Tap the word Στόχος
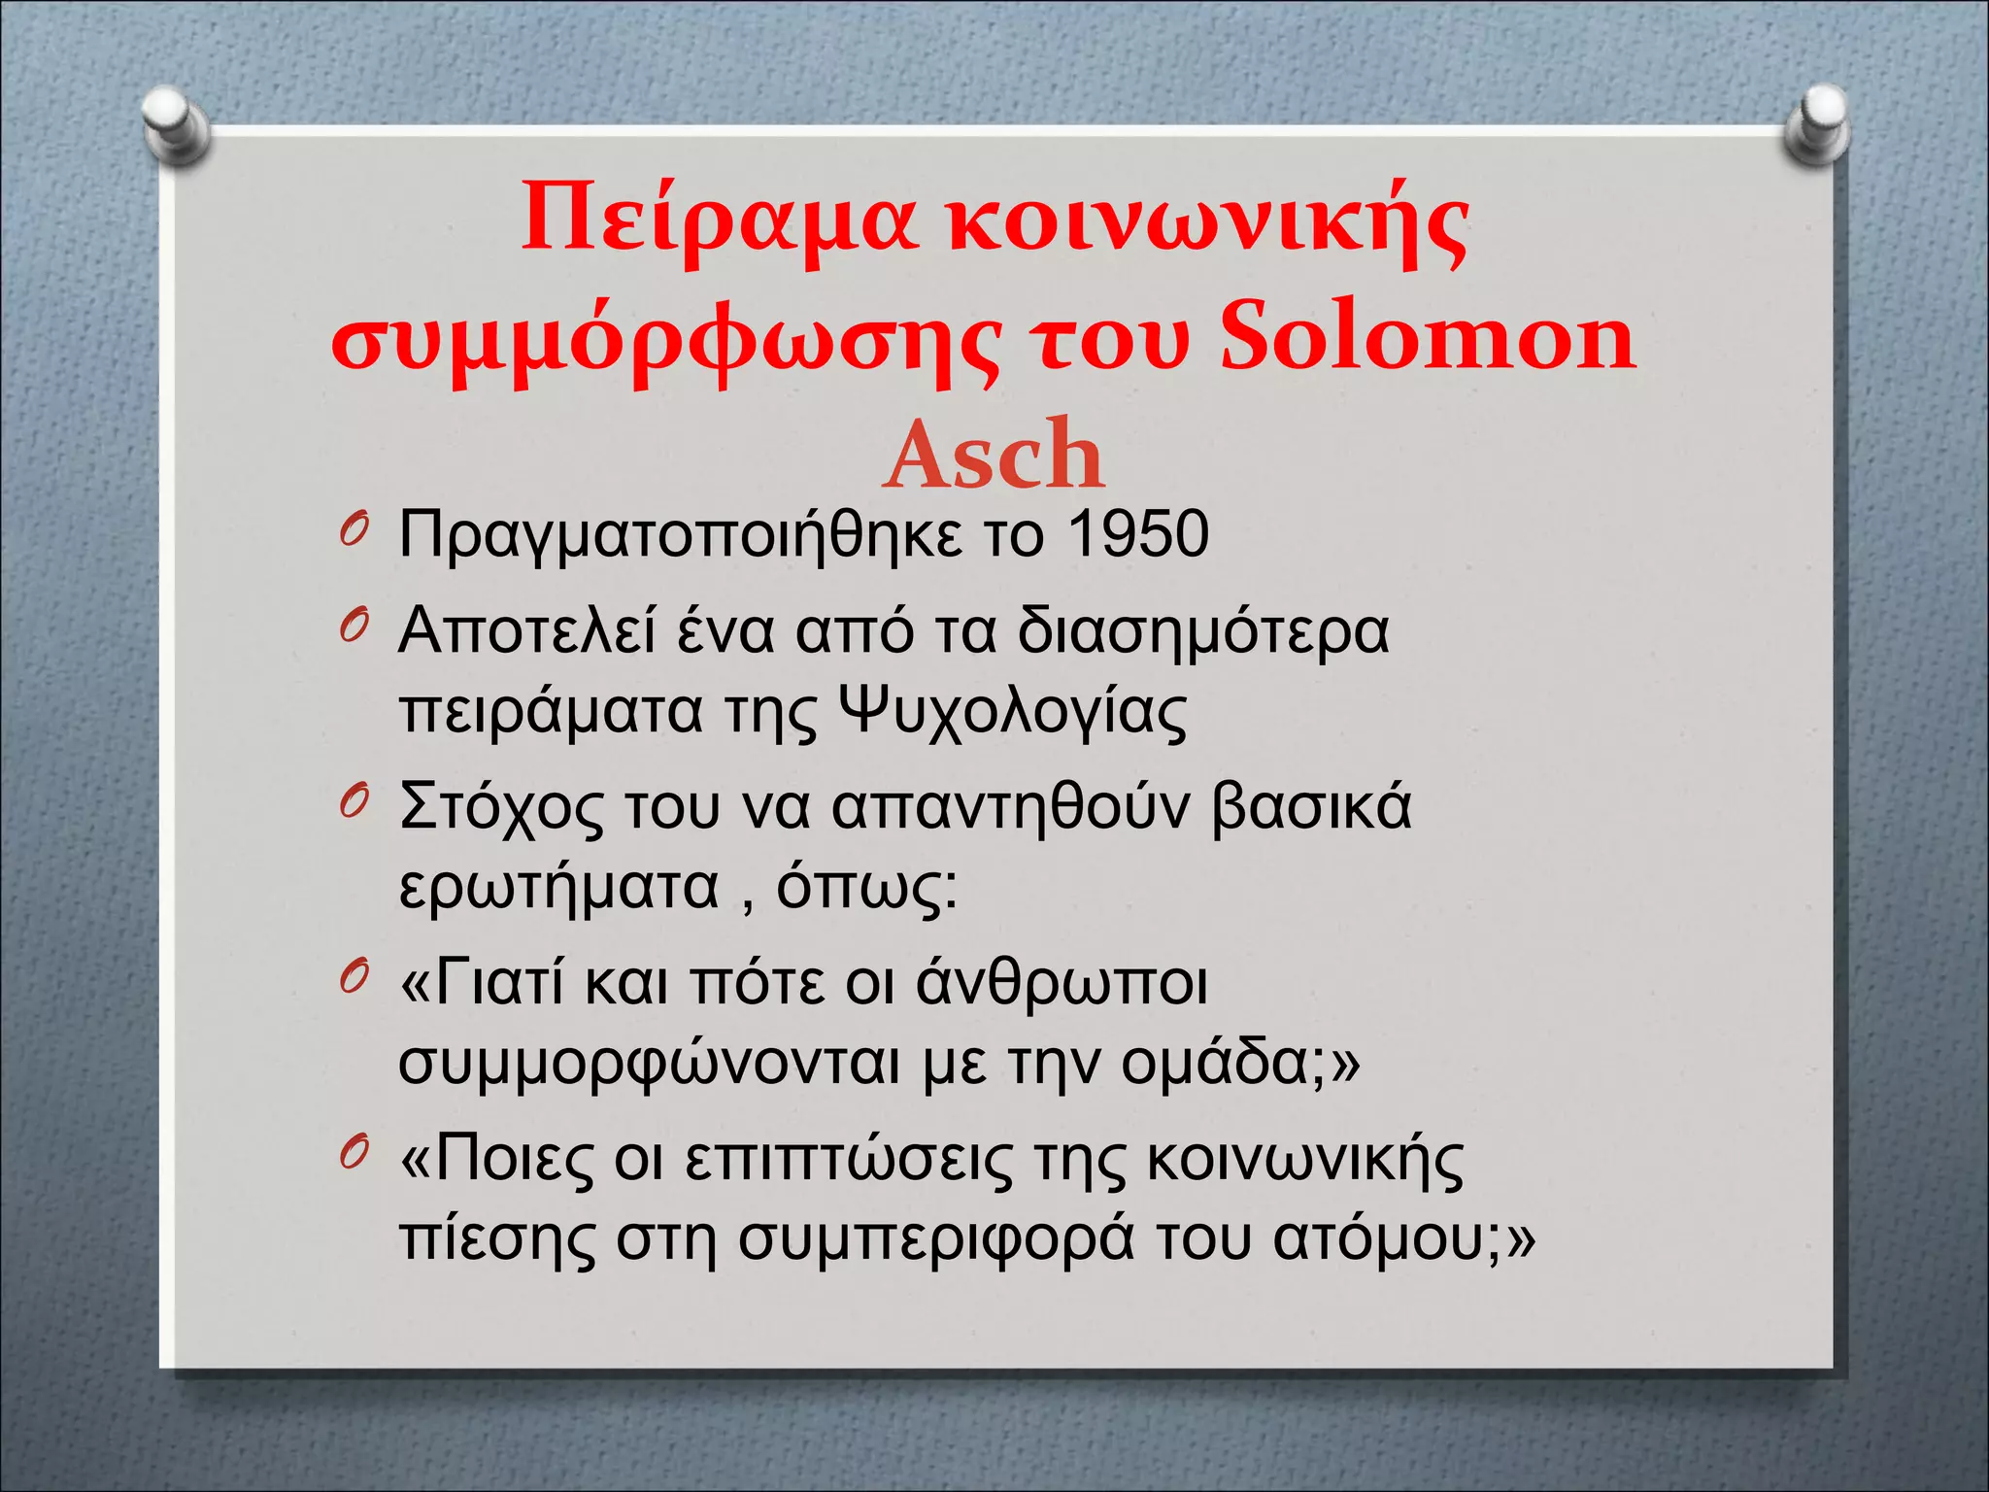[x=499, y=808]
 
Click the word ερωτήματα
[x=558, y=888]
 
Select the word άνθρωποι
[x=1062, y=983]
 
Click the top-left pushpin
[x=174, y=124]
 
